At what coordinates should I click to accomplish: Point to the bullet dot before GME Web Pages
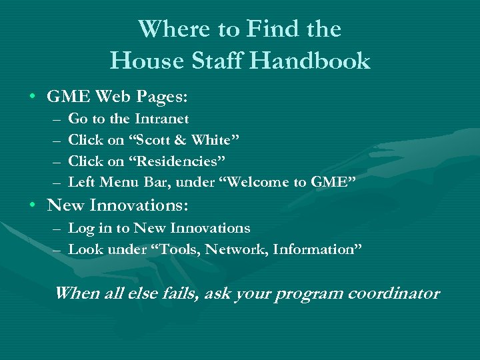32,97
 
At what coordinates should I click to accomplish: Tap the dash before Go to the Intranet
54,119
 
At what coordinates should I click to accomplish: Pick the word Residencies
177,161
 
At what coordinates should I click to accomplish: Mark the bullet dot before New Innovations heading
32,205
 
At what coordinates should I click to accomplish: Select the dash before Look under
54,250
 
